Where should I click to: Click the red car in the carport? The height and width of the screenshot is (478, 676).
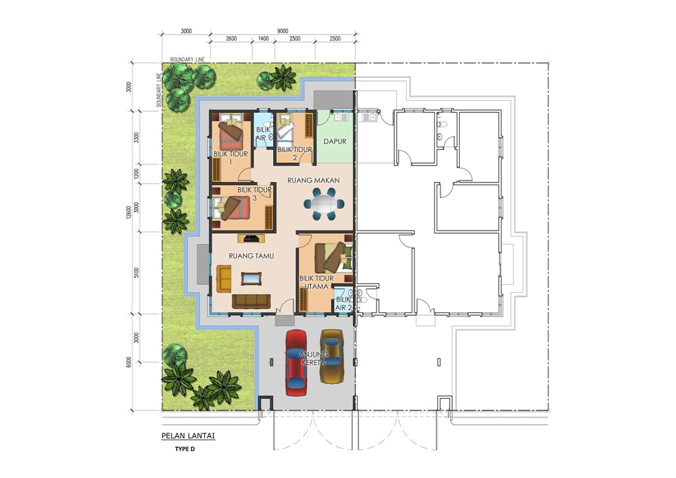pyautogui.click(x=296, y=362)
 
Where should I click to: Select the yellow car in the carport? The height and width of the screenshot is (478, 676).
pyautogui.click(x=332, y=356)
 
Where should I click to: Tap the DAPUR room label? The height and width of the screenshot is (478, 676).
pyautogui.click(x=335, y=141)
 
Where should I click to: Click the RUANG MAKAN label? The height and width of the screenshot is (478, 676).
pyautogui.click(x=314, y=180)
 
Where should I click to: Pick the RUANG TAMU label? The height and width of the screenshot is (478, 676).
pyautogui.click(x=251, y=256)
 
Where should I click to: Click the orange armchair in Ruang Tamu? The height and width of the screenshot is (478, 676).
pyautogui.click(x=224, y=279)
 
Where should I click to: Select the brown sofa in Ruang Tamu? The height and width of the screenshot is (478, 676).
pyautogui.click(x=251, y=302)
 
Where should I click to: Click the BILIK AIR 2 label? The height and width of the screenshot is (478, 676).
pyautogui.click(x=343, y=304)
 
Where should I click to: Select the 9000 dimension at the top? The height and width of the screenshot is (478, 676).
pyautogui.click(x=283, y=31)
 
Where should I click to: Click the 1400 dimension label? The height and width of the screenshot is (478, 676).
pyautogui.click(x=264, y=39)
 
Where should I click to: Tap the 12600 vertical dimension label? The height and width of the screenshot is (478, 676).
pyautogui.click(x=128, y=212)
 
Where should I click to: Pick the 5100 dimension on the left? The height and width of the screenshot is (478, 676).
pyautogui.click(x=137, y=273)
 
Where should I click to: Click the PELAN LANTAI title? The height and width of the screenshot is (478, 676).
pyautogui.click(x=188, y=436)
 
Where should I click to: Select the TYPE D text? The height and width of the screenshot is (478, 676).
pyautogui.click(x=185, y=449)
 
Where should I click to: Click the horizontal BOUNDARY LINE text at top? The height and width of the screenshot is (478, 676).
pyautogui.click(x=187, y=59)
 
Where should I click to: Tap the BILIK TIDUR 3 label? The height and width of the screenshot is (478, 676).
pyautogui.click(x=254, y=193)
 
